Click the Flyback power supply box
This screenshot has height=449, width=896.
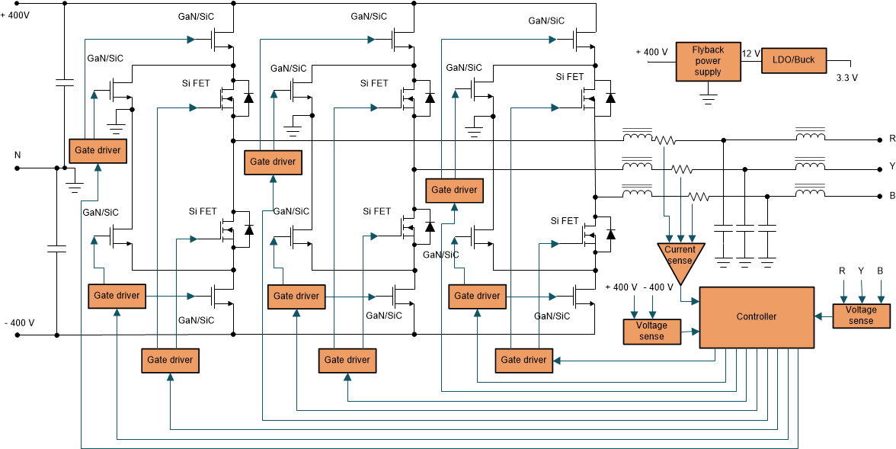(708, 62)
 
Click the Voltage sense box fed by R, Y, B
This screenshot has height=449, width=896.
(861, 316)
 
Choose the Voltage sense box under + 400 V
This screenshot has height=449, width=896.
(652, 331)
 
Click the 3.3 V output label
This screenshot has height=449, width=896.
(846, 78)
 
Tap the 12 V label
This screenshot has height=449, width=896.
(750, 53)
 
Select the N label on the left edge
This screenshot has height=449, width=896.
(17, 155)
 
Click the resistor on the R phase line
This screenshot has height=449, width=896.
(667, 140)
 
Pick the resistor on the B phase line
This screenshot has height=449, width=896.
(699, 197)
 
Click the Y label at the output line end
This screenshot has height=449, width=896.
(891, 166)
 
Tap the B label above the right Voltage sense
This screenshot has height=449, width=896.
(880, 271)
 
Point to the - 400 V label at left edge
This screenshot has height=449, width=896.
(18, 322)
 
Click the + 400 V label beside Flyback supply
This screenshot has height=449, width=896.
(652, 53)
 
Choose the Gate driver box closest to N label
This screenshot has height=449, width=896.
(97, 150)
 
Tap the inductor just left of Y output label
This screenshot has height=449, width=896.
(810, 167)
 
